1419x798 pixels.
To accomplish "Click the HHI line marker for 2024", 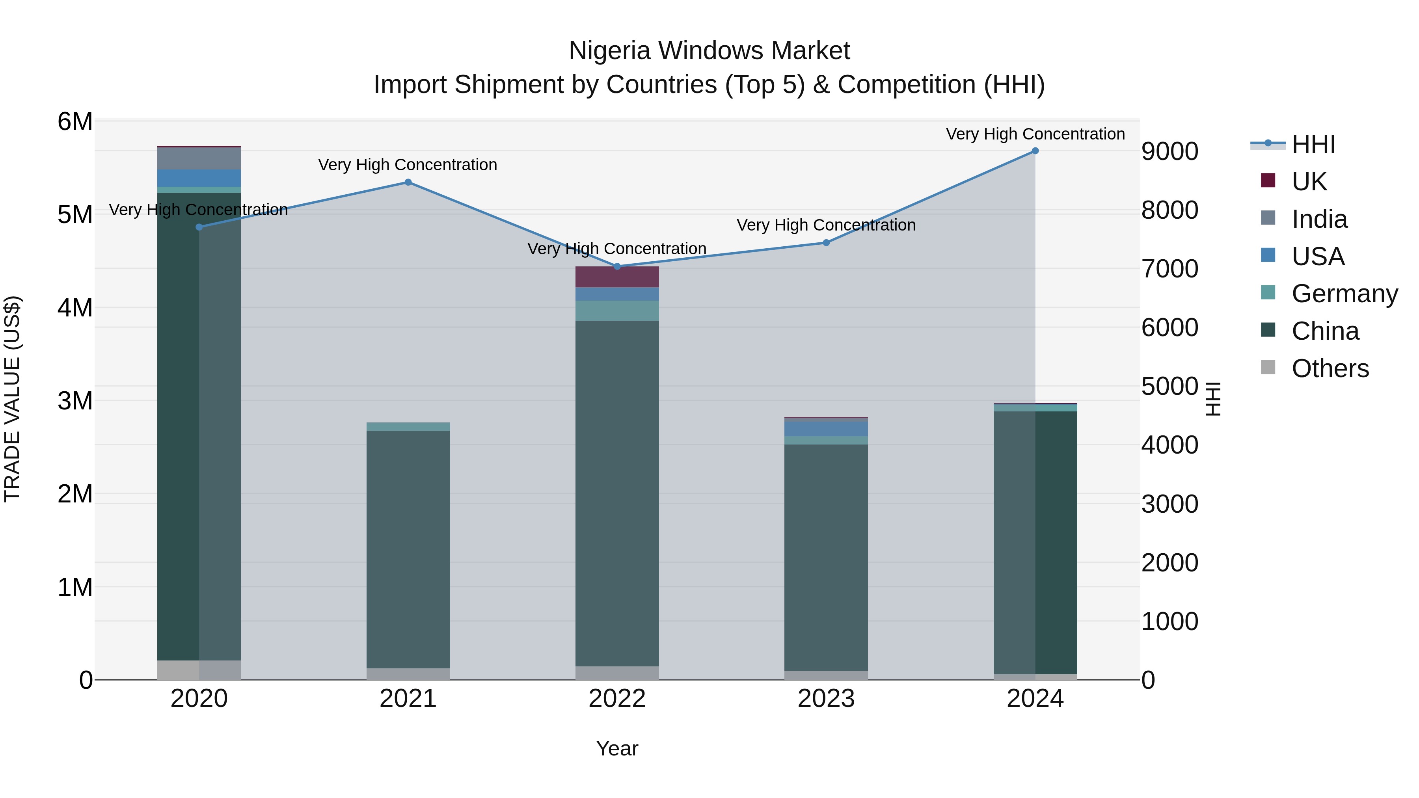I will pos(1035,151).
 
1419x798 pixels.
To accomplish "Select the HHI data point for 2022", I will pos(617,266).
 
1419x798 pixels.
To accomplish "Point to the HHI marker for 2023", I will pos(826,243).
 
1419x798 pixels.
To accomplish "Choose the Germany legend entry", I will pos(1344,294).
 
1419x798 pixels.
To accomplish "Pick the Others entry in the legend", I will pos(1330,368).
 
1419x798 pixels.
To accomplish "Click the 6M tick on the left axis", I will pos(75,122).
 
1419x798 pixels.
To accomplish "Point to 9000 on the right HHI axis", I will pos(1169,151).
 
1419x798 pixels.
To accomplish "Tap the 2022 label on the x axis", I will pos(617,699).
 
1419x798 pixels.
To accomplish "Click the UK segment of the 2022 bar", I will pos(617,277).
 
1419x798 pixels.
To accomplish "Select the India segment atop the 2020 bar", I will pos(199,158).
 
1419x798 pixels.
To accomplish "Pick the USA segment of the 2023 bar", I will pos(826,428).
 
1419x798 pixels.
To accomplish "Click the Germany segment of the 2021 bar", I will pos(408,427).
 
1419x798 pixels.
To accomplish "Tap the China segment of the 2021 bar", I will pos(408,551).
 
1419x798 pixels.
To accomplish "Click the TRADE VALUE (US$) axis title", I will pos(13,399).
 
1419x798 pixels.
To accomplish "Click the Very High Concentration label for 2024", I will pos(1035,134).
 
